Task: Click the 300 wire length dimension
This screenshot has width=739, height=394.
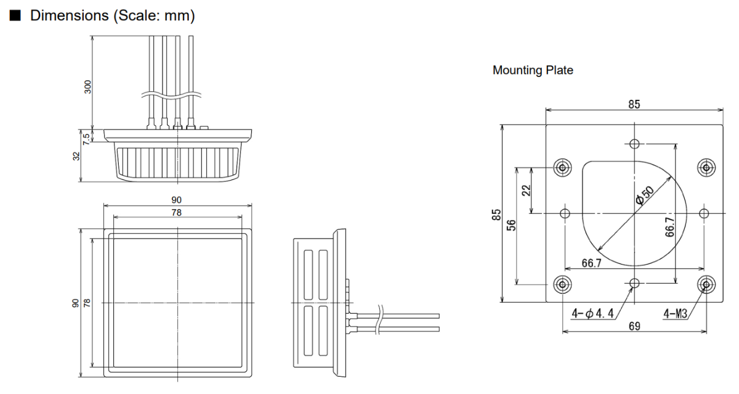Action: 87,87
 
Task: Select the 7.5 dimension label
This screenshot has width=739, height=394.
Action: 86,139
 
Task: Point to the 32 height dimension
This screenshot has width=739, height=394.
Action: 76,156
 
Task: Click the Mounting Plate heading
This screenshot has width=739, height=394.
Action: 533,70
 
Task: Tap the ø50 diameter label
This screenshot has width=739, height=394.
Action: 644,195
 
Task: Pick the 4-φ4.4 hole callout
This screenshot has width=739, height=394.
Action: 592,313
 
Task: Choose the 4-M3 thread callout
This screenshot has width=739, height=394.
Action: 676,313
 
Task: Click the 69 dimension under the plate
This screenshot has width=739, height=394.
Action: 634,326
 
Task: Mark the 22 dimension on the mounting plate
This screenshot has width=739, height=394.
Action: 526,191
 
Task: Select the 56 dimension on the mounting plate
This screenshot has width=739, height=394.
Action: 511,225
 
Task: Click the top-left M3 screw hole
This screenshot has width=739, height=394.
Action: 562,168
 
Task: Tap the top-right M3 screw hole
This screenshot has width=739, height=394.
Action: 706,168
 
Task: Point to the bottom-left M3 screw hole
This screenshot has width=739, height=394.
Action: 562,284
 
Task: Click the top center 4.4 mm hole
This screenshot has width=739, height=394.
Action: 634,144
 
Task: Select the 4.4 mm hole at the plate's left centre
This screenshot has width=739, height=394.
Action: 565,213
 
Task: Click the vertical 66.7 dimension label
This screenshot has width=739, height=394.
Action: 669,228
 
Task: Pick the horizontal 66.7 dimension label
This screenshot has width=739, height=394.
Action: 592,263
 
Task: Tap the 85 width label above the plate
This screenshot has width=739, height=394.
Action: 634,104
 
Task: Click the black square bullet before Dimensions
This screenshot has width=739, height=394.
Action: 15,15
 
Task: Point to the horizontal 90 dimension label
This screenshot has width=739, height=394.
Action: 177,200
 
